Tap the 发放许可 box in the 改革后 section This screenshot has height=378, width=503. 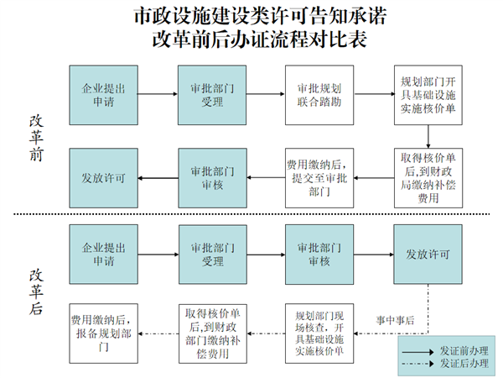coord(427,254)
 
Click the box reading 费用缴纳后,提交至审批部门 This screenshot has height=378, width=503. coord(318,178)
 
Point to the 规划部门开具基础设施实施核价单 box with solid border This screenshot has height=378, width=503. coord(427,95)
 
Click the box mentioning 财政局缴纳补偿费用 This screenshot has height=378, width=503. coord(427,178)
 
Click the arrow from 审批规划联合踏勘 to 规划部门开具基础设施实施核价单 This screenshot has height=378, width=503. coord(372,95)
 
